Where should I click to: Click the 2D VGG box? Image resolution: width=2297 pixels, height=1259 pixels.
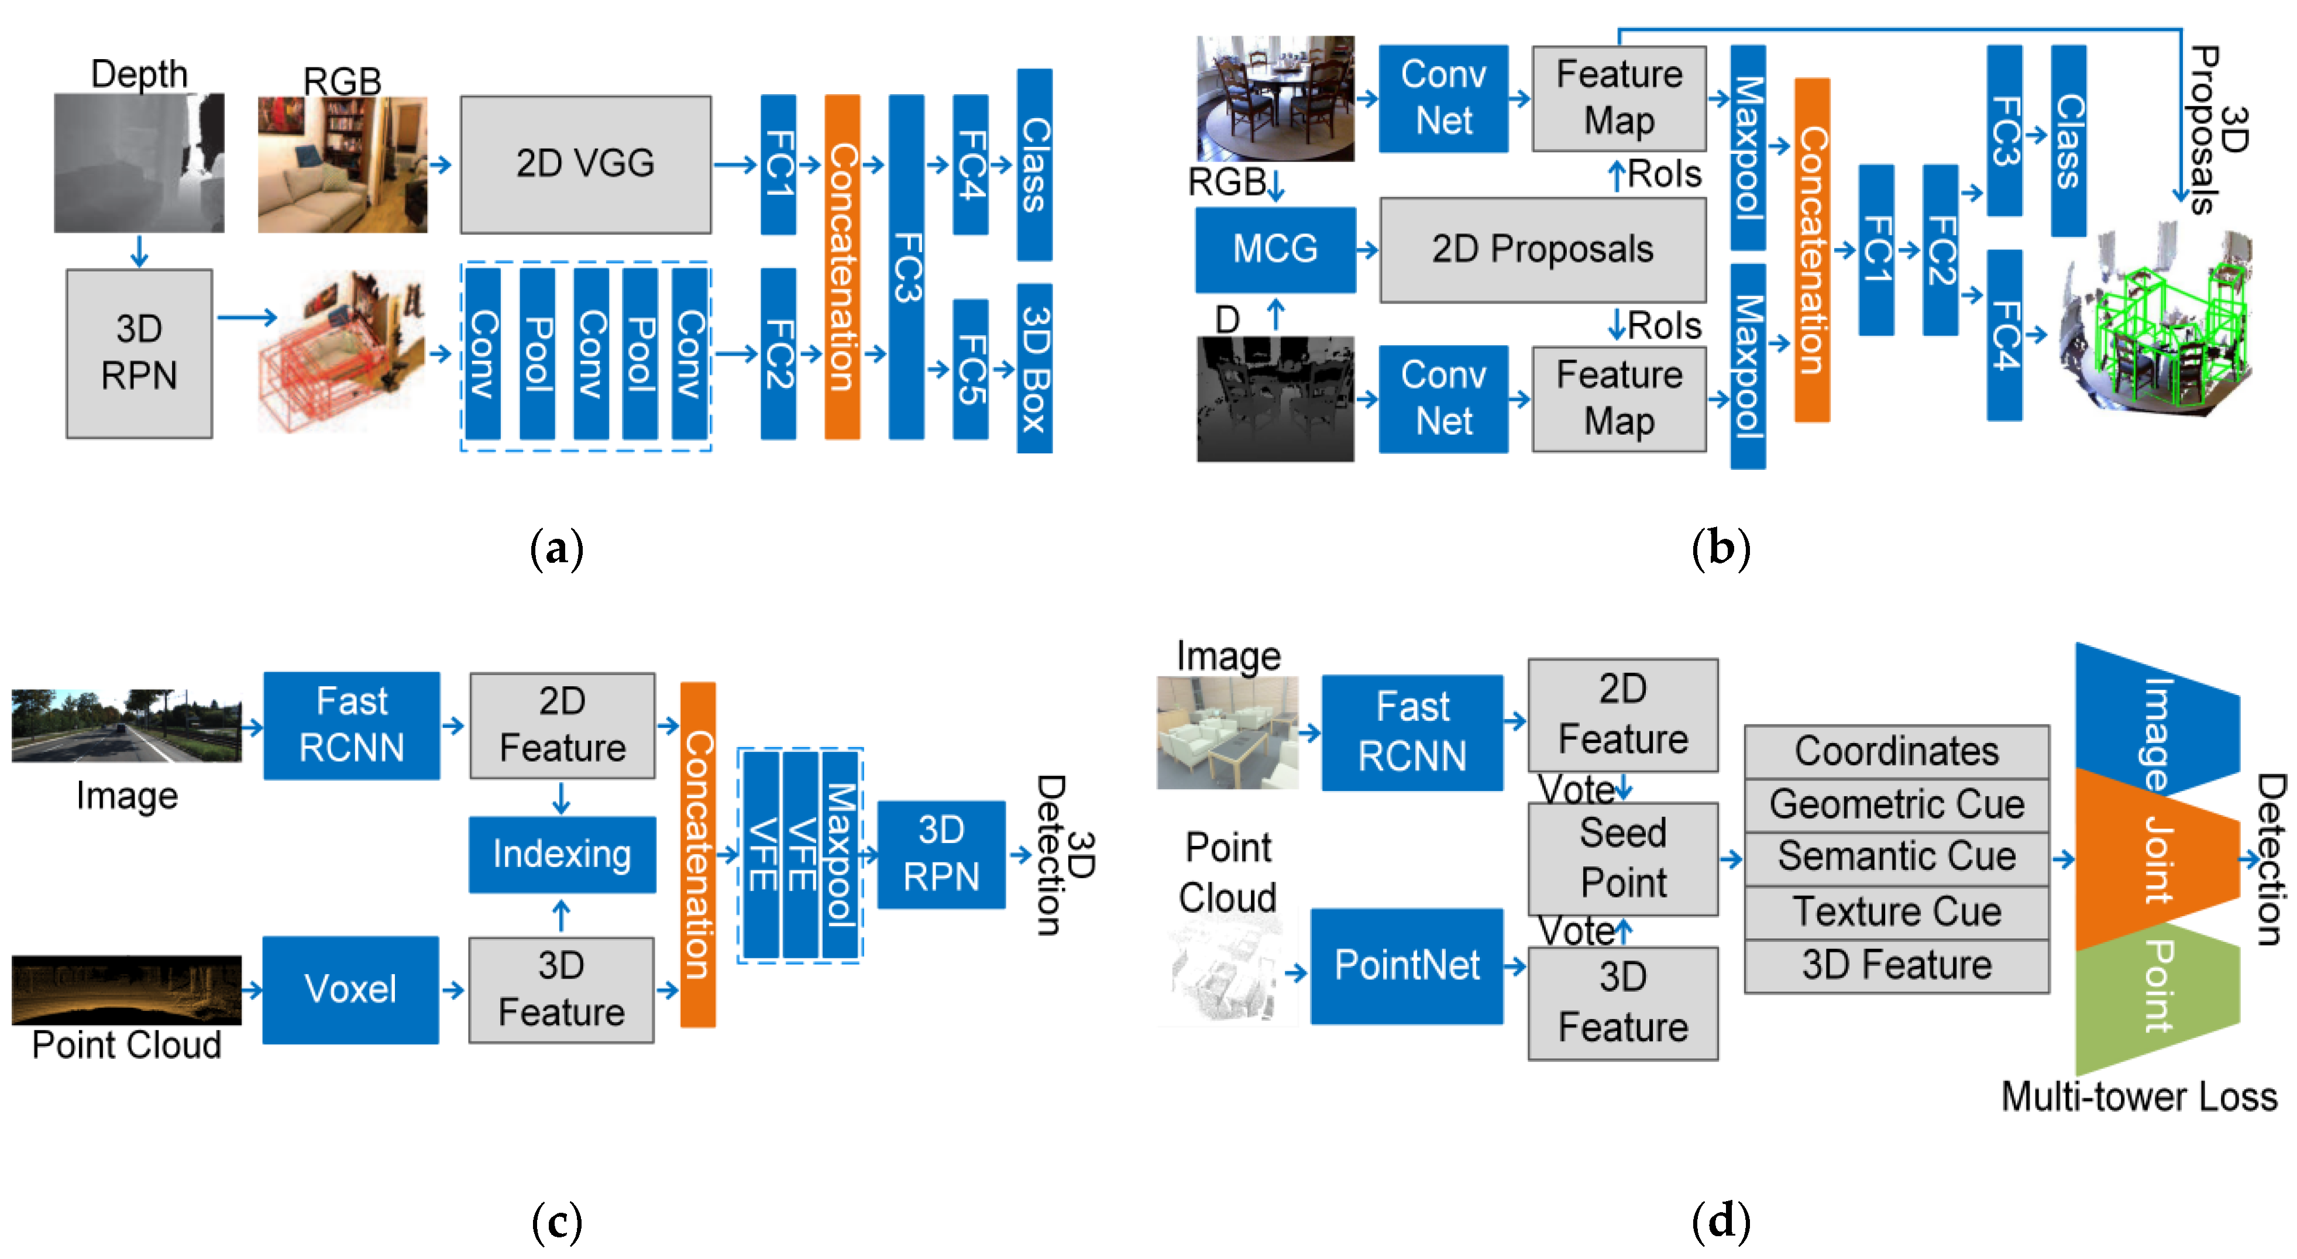click(x=585, y=164)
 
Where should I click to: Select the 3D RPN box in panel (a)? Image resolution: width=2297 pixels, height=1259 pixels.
click(x=139, y=353)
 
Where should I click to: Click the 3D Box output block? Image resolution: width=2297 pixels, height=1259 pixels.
click(x=1034, y=368)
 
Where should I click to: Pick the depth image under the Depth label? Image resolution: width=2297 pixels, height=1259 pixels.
click(x=139, y=163)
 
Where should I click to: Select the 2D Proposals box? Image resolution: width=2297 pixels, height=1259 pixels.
click(x=1543, y=250)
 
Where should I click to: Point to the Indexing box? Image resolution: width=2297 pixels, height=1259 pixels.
click(x=562, y=854)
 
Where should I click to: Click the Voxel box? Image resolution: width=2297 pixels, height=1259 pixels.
click(x=350, y=989)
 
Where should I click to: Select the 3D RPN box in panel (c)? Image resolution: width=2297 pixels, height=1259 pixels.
click(x=941, y=854)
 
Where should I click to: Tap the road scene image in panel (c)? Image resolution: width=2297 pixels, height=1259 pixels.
click(x=126, y=726)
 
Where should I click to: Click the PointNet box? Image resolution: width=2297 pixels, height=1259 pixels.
click(x=1406, y=966)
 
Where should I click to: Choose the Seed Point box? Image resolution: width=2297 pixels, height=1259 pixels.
click(x=1623, y=858)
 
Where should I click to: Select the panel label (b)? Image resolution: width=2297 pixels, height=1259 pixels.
click(x=1720, y=548)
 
